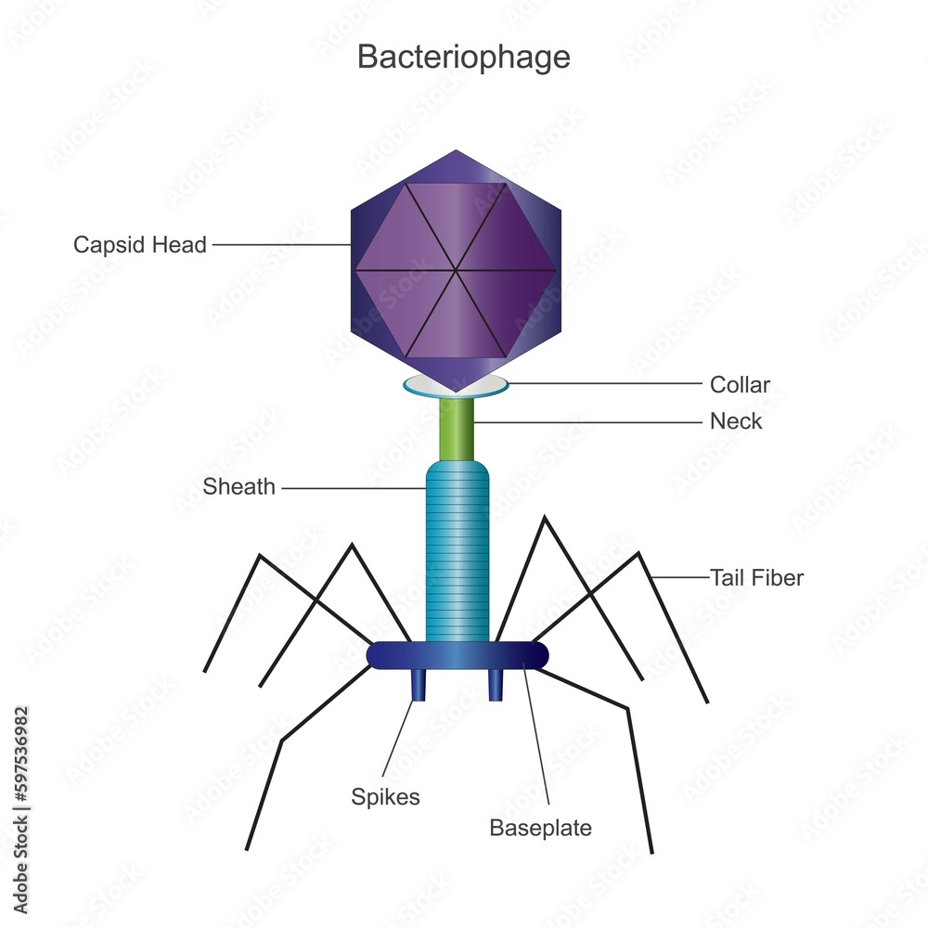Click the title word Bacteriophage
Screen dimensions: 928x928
(x=464, y=57)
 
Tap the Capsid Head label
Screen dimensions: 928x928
(x=140, y=246)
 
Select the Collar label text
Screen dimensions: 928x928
(x=740, y=384)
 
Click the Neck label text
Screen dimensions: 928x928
(x=736, y=421)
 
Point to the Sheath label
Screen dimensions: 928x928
(x=239, y=487)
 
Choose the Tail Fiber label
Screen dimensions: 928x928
(x=756, y=578)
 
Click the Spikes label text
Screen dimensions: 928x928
(x=385, y=796)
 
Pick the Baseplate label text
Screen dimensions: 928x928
(x=540, y=828)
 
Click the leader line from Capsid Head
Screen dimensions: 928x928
(x=278, y=245)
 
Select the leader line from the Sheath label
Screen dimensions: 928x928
(x=353, y=487)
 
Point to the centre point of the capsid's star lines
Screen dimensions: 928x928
(x=457, y=271)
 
